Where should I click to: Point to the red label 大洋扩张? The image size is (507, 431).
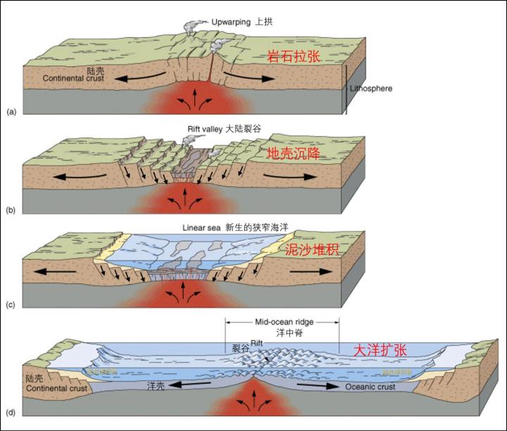(x=380, y=350)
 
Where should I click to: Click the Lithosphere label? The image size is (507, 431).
(x=371, y=89)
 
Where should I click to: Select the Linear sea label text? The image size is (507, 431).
(x=200, y=228)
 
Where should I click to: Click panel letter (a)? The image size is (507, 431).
(x=11, y=111)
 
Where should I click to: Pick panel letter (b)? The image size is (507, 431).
(x=11, y=210)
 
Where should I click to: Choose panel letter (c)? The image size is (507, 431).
(x=11, y=305)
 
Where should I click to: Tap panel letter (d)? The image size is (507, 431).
(x=11, y=411)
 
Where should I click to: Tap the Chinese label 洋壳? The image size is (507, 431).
(x=156, y=387)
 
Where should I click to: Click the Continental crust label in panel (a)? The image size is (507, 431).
(x=73, y=78)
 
